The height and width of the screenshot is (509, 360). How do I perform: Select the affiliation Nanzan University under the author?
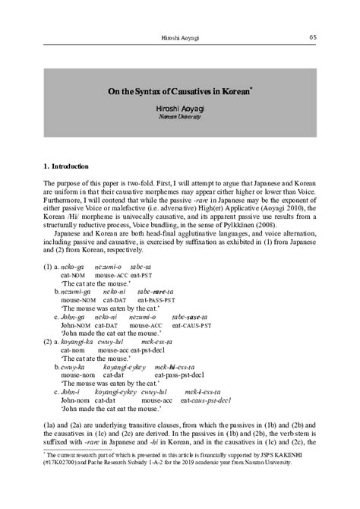(x=180, y=119)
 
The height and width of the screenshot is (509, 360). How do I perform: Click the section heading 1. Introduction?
(x=66, y=166)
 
